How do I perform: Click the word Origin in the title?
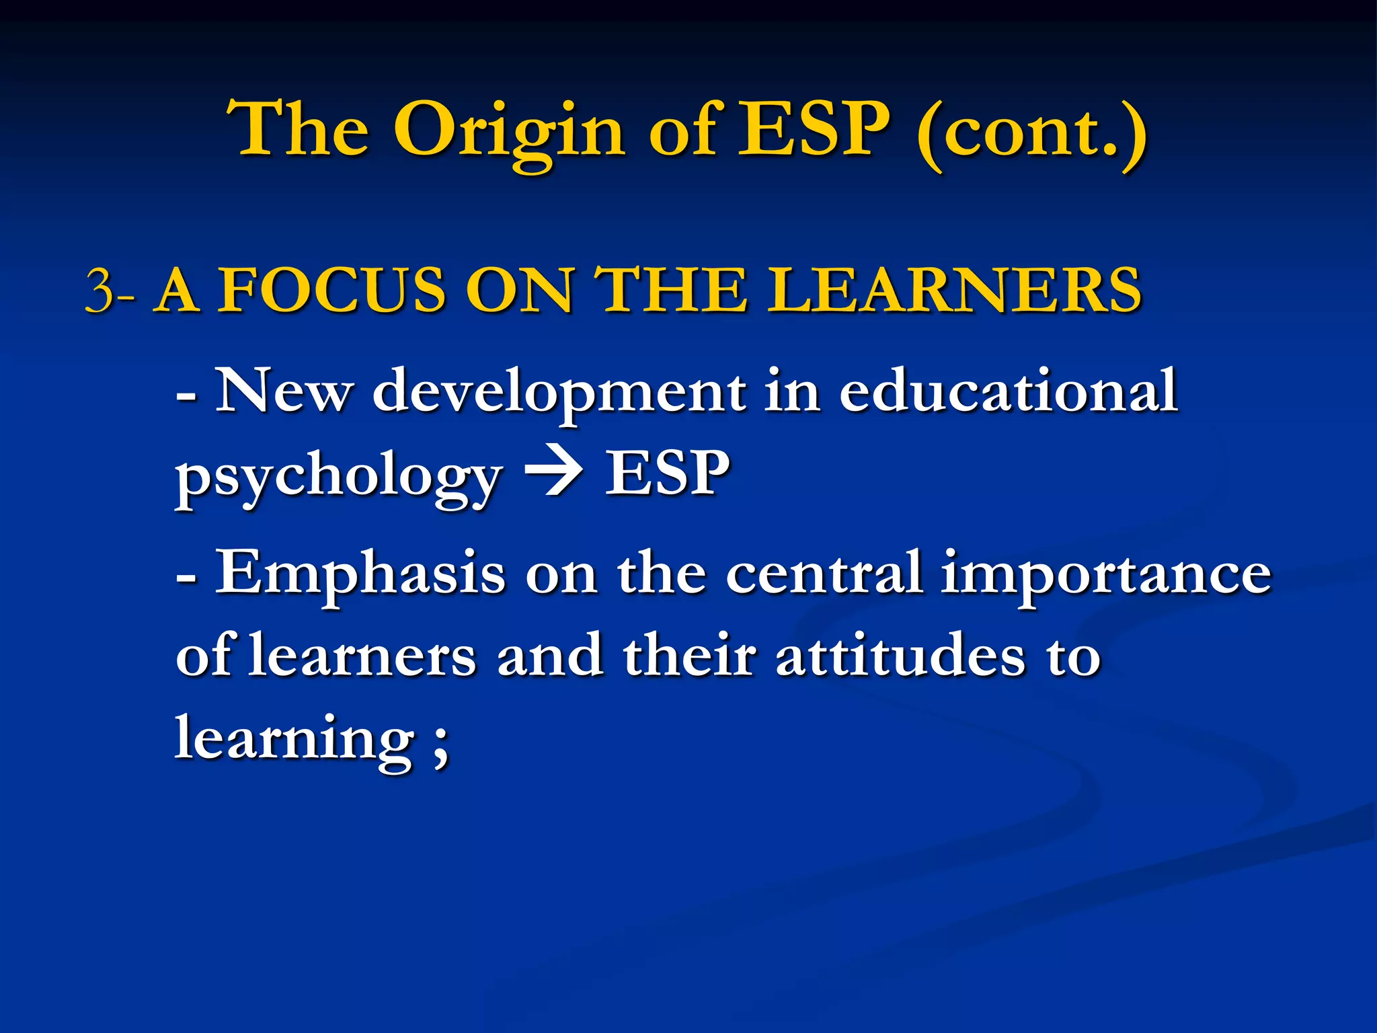(510, 132)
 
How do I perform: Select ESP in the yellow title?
(814, 129)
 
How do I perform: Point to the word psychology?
(338, 477)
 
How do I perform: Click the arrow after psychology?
(553, 473)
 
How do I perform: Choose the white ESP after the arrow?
(667, 473)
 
